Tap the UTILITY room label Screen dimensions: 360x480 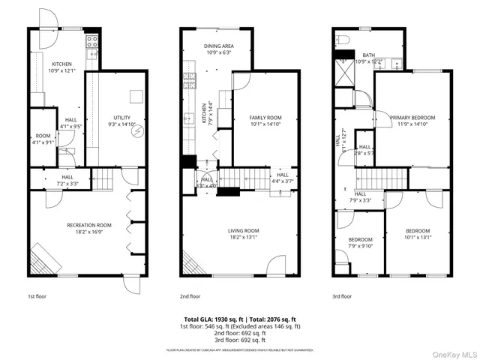[x=121, y=118]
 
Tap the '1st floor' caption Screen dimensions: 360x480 [x=37, y=296]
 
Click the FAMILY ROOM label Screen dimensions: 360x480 [x=265, y=118]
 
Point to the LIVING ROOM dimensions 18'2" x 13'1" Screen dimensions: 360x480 [x=244, y=236]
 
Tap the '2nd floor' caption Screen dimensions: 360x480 [x=190, y=296]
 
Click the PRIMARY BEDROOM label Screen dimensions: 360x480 [x=412, y=118]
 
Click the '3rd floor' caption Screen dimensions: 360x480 [x=342, y=296]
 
